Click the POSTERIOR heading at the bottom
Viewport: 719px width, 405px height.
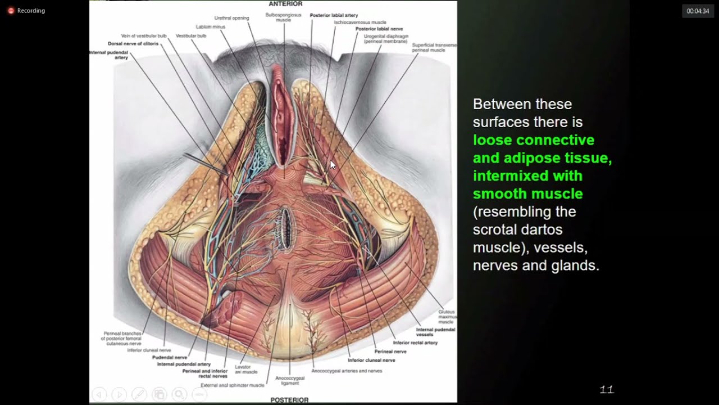pyautogui.click(x=289, y=400)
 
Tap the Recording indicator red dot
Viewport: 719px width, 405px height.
pyautogui.click(x=11, y=11)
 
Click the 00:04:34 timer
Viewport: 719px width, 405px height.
pyautogui.click(x=698, y=11)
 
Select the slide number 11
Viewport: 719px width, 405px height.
pyautogui.click(x=607, y=389)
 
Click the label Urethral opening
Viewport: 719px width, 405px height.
pyautogui.click(x=231, y=17)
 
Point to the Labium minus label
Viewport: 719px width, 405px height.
pyautogui.click(x=210, y=27)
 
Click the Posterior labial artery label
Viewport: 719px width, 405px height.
pyautogui.click(x=334, y=16)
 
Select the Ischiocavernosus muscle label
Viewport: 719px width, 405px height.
pyautogui.click(x=360, y=22)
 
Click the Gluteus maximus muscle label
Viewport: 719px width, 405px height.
pyautogui.click(x=447, y=317)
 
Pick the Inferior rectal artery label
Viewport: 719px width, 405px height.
pyautogui.click(x=415, y=343)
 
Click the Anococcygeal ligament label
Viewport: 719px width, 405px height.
pyautogui.click(x=290, y=381)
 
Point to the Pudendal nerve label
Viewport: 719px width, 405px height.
pyautogui.click(x=170, y=357)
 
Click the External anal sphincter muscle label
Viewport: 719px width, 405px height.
pyautogui.click(x=233, y=385)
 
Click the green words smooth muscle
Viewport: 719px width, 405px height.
pyautogui.click(x=527, y=194)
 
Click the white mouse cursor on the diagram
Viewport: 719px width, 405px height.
pyautogui.click(x=333, y=165)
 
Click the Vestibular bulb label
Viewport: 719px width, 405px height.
pyautogui.click(x=191, y=36)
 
